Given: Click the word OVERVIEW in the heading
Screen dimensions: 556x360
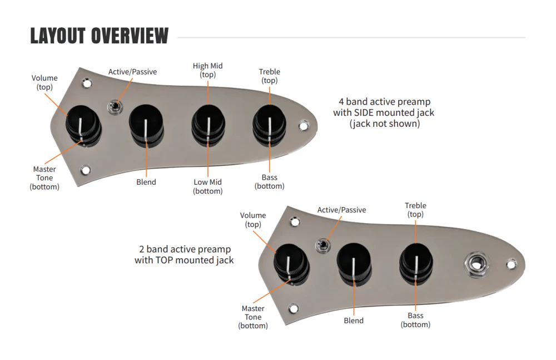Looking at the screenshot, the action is tap(130, 36).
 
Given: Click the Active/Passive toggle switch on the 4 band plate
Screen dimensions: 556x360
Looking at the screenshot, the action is tap(115, 107).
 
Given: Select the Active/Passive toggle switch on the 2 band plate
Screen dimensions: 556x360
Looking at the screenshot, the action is tap(323, 245).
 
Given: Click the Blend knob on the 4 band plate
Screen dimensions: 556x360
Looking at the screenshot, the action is tap(146, 126).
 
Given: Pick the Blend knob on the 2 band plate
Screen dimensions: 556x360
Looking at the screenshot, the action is tap(354, 264).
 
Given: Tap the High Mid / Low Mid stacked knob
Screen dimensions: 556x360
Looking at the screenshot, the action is tap(209, 125).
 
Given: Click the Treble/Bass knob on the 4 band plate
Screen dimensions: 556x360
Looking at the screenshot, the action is tap(270, 125).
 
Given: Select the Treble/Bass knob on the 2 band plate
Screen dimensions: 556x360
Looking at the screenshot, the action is tap(416, 264).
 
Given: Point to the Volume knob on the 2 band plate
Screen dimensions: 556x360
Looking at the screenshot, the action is tap(292, 265).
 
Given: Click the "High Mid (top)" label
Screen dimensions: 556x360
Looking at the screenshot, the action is tap(208, 70).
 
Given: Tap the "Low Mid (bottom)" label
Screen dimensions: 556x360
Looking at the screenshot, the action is tap(208, 186).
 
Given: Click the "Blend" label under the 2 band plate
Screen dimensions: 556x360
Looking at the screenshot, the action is tap(354, 320).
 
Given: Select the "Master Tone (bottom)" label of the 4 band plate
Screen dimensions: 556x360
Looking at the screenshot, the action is tap(44, 178).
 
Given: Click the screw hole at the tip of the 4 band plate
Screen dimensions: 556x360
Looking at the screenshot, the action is tap(304, 126).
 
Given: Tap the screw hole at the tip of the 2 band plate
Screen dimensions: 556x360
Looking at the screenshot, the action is tap(512, 264).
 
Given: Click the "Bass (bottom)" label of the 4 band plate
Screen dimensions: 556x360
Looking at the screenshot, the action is tap(270, 181).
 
